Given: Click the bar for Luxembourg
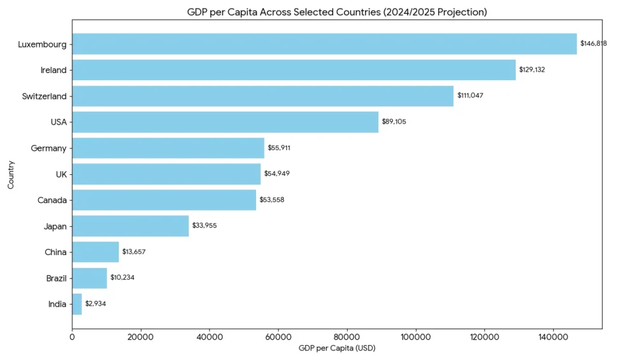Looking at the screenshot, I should [x=324, y=44].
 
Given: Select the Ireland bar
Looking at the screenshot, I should [x=294, y=70].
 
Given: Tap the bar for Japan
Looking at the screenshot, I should [x=130, y=226].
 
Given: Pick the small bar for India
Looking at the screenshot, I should [x=77, y=304].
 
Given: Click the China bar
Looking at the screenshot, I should [x=95, y=252].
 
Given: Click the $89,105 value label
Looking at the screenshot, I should [x=394, y=122].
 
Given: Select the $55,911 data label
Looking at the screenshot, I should [x=280, y=148].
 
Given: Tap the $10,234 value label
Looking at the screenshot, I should [x=123, y=278].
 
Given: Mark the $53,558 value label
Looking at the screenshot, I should [x=272, y=200].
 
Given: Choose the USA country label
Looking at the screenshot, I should [x=58, y=122].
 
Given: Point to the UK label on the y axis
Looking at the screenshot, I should [x=61, y=174].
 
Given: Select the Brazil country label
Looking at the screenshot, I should [x=55, y=279].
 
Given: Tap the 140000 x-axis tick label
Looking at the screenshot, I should [x=553, y=338].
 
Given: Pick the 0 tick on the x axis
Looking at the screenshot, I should [x=72, y=338].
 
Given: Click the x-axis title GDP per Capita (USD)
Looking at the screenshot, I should [x=337, y=349].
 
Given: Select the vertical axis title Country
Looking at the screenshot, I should [x=11, y=175].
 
